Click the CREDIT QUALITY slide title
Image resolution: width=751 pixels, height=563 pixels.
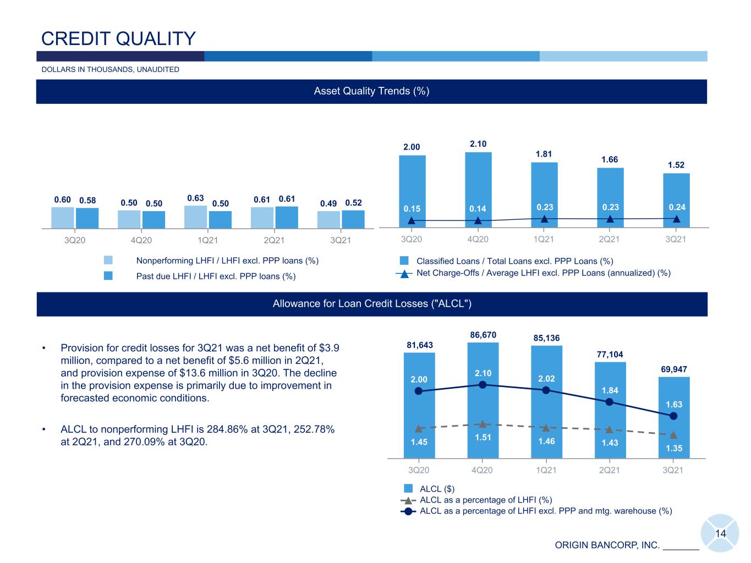(x=118, y=38)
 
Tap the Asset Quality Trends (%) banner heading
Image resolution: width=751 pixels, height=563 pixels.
(x=371, y=91)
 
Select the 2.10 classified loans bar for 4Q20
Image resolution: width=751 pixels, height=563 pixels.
(x=478, y=190)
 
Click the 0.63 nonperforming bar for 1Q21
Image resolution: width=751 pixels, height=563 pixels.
(x=195, y=217)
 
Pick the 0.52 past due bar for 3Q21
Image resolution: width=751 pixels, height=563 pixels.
(x=353, y=219)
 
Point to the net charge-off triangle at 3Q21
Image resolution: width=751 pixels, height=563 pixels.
(x=676, y=219)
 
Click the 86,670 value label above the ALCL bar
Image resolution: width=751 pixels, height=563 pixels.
(x=483, y=335)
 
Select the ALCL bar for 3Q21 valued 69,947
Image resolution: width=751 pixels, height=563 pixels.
(x=673, y=417)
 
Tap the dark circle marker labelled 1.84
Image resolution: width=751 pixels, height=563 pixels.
(x=610, y=402)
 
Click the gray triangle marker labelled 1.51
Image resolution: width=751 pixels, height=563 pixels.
(x=483, y=424)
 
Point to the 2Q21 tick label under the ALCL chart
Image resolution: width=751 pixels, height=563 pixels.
(x=610, y=470)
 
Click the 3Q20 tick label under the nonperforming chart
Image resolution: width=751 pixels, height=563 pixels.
(x=75, y=240)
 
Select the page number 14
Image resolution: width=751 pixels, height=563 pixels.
(x=720, y=533)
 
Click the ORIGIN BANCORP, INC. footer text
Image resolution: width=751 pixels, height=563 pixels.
(x=607, y=545)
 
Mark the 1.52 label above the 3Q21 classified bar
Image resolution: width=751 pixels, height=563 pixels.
(x=676, y=165)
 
